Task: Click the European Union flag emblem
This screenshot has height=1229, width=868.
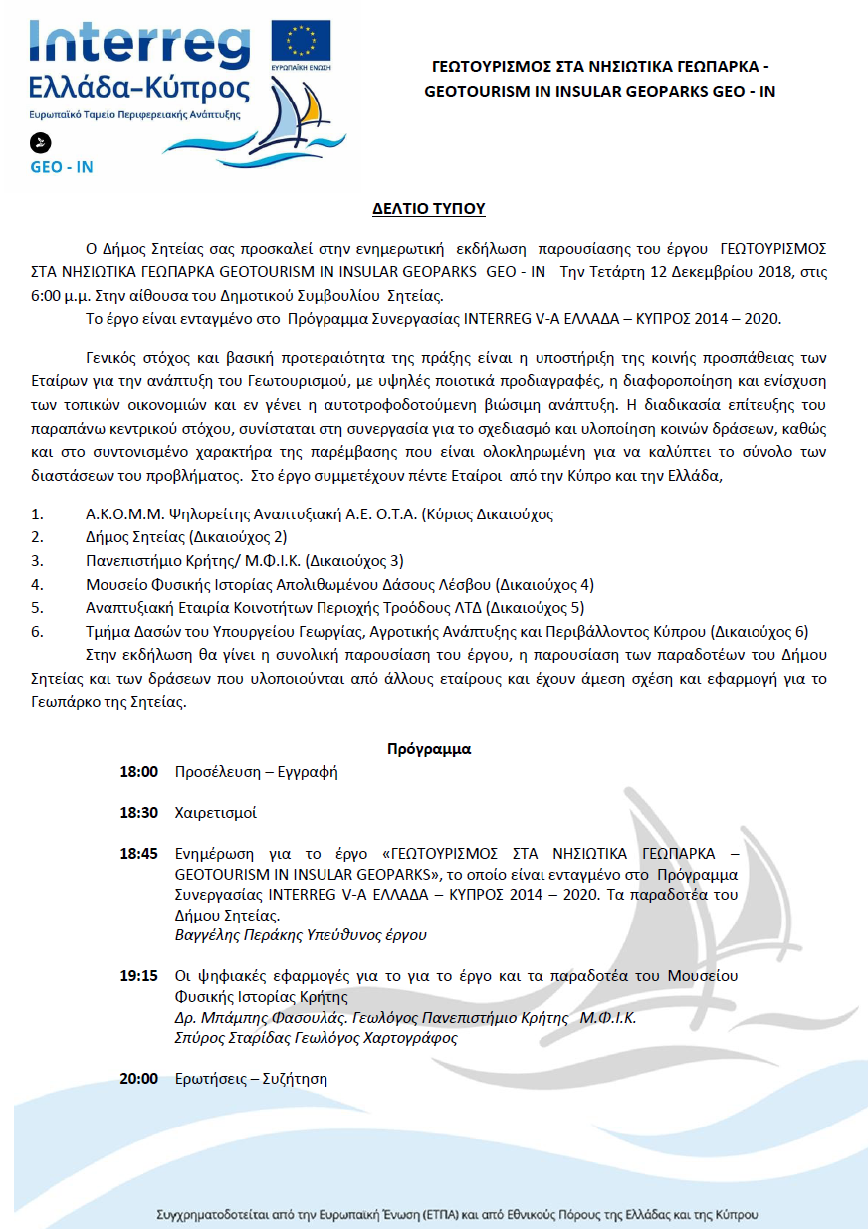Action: click(x=302, y=41)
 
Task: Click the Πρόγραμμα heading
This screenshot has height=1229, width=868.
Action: click(x=429, y=749)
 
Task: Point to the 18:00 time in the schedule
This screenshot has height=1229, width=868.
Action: click(x=139, y=772)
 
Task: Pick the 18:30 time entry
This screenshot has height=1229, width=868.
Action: click(x=139, y=813)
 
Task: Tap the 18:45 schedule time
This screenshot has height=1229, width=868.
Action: click(x=139, y=854)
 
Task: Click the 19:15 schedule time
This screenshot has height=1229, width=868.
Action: click(x=139, y=976)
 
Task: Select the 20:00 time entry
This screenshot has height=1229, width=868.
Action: click(x=139, y=1079)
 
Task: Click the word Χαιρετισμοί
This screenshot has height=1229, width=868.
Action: click(x=215, y=813)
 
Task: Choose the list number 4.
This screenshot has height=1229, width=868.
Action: click(x=38, y=584)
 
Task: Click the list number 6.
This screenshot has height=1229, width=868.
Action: click(x=38, y=631)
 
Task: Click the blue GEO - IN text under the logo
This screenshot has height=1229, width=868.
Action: click(x=62, y=167)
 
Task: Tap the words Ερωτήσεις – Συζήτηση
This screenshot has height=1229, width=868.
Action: click(x=251, y=1079)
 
